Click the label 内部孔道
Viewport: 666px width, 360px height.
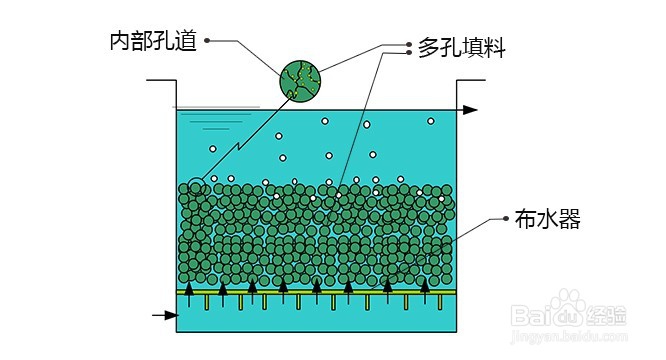(154, 41)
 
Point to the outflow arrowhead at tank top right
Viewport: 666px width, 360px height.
(472, 109)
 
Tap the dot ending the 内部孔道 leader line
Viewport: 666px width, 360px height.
(207, 41)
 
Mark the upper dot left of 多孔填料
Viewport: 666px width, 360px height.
(409, 44)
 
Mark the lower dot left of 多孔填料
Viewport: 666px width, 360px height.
(409, 54)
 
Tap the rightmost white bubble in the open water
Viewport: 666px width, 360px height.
(431, 121)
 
